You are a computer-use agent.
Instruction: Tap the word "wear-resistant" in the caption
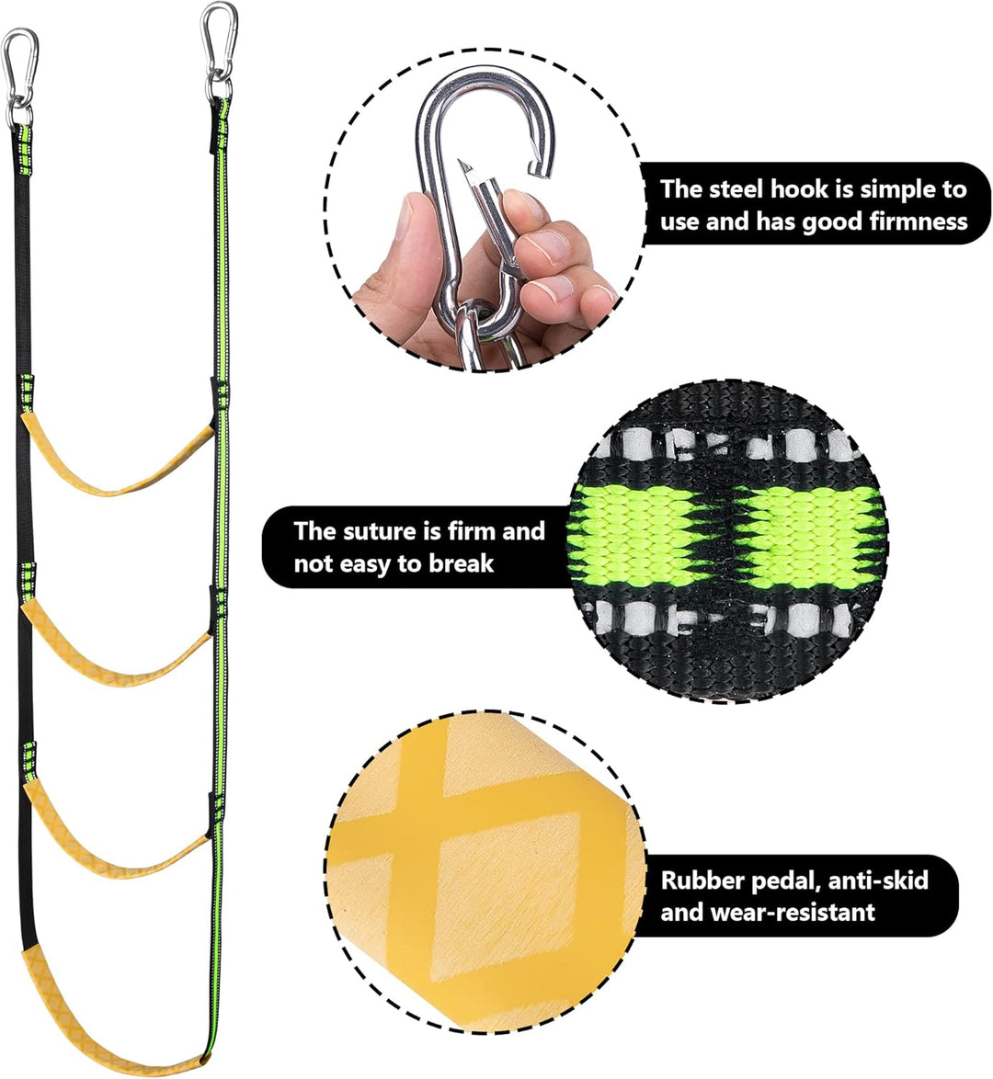click(793, 913)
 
